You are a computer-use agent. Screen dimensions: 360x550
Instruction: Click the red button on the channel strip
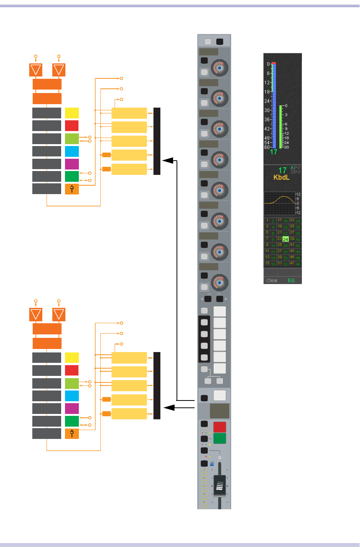coord(220,427)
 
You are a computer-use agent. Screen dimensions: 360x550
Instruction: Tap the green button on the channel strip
coord(220,439)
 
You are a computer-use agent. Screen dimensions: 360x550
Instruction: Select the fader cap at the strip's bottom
coord(220,486)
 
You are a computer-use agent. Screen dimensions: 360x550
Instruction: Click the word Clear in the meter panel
coord(272,281)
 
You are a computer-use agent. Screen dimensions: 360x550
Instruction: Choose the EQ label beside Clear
coord(291,281)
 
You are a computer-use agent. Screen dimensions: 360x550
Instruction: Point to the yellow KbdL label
coord(281,177)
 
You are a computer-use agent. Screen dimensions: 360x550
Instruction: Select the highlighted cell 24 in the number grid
coord(285,239)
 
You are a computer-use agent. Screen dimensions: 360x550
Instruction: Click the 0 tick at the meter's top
coord(268,64)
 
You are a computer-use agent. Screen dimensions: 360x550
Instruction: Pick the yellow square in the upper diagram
coord(72,113)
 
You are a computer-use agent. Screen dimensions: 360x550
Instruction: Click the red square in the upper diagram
coord(72,126)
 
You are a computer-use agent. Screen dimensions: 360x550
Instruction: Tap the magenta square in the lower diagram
coord(72,409)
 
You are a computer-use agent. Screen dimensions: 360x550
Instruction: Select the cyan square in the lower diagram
coord(72,396)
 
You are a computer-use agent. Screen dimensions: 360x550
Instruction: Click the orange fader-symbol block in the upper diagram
coord(72,189)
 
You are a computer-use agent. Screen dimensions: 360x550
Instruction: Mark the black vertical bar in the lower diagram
coord(157,385)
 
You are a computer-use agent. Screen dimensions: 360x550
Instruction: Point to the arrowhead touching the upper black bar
coord(168,161)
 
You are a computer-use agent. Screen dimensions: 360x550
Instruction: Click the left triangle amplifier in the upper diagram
coord(36,70)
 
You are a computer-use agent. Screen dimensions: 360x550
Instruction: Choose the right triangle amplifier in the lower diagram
coord(59,314)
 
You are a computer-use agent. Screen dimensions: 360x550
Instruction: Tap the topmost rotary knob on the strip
coord(220,68)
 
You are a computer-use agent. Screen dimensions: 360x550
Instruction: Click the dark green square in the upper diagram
coord(72,176)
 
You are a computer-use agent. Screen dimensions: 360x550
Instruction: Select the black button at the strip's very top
coord(220,42)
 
